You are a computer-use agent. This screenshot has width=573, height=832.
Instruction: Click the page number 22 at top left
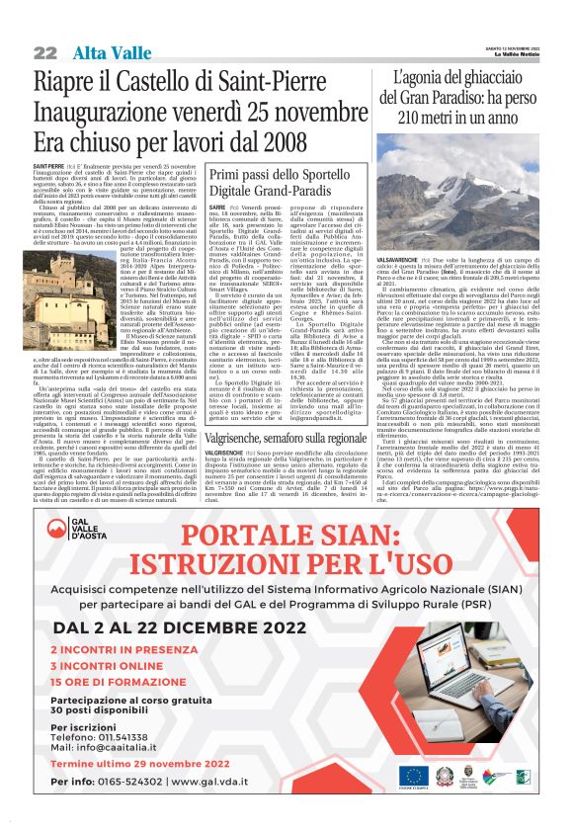click(x=44, y=52)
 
